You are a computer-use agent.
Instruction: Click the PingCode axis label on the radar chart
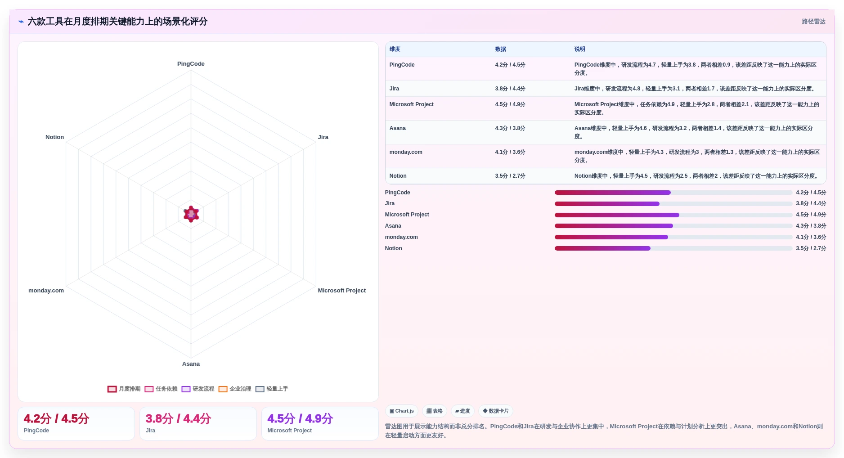(x=191, y=64)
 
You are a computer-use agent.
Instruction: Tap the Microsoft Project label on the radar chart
(x=341, y=291)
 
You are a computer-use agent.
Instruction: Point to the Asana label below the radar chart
(x=191, y=364)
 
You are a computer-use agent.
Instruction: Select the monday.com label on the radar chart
(x=46, y=291)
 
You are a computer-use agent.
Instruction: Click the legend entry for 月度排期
(x=124, y=389)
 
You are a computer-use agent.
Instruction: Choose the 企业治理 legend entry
(x=235, y=389)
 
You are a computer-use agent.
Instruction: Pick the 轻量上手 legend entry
(x=272, y=389)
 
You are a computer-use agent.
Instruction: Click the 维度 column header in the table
(x=395, y=49)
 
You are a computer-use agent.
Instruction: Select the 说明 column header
(x=579, y=49)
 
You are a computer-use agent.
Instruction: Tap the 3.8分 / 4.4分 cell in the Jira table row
(x=510, y=89)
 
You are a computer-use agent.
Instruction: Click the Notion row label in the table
(x=398, y=176)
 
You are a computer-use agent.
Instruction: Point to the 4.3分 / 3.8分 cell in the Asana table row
(x=510, y=128)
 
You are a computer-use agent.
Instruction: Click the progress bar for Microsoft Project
(x=673, y=215)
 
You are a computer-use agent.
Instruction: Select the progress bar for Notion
(x=673, y=248)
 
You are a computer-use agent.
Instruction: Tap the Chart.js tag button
(x=402, y=411)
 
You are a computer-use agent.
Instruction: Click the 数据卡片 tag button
(x=495, y=411)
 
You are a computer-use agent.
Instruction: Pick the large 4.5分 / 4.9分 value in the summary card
(x=300, y=419)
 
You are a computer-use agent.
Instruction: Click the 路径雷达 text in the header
(x=813, y=22)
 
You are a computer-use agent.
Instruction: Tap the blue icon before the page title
(x=21, y=22)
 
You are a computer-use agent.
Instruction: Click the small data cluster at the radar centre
(x=191, y=214)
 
